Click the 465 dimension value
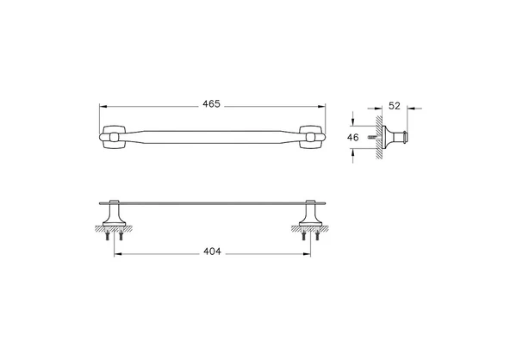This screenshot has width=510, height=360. tap(211, 104)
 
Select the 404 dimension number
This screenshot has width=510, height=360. tap(212, 251)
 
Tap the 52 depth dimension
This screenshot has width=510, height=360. tap(395, 106)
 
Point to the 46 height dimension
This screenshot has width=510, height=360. tap(353, 138)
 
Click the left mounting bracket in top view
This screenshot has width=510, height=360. tap(112, 137)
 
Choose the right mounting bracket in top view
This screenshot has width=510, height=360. tap(312, 137)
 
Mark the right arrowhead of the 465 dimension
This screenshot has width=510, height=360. tap(321, 106)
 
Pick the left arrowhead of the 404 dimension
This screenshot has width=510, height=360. tap(118, 254)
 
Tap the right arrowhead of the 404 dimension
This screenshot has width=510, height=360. tap(307, 254)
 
